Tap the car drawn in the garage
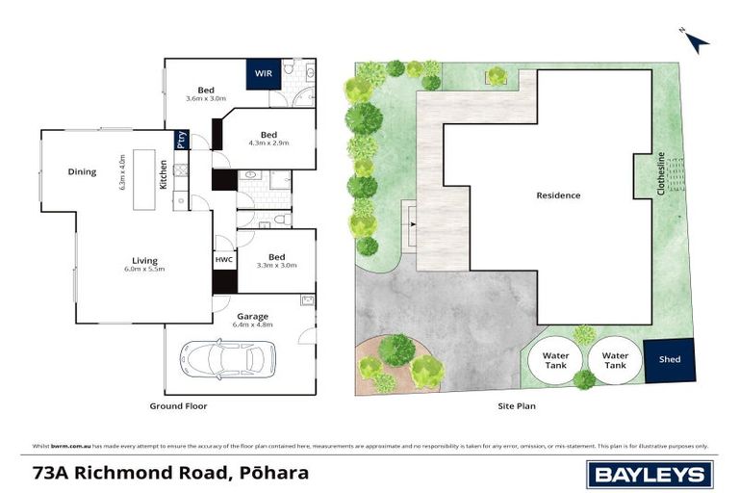(x=227, y=360)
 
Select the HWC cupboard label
(x=224, y=259)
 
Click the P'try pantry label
(x=181, y=141)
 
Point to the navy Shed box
(x=669, y=360)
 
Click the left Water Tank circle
(x=555, y=360)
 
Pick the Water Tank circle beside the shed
(x=614, y=360)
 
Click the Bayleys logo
(x=650, y=473)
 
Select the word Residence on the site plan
(x=558, y=195)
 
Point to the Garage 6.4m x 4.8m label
(x=253, y=320)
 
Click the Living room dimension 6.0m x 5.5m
(x=144, y=271)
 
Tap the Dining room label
(x=82, y=172)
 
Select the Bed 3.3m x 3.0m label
(x=276, y=260)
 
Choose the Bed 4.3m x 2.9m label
(x=268, y=138)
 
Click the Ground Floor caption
(x=178, y=406)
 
